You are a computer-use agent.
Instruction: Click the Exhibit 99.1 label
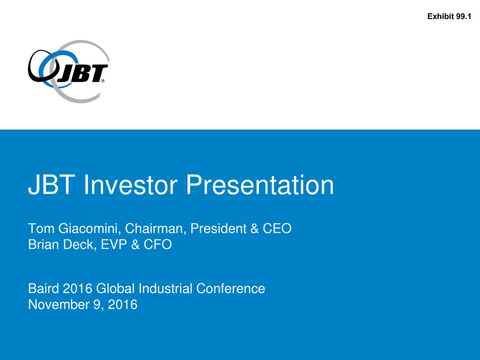tap(449, 16)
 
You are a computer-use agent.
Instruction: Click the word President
tap(218, 228)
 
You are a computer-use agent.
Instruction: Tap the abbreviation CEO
tap(277, 228)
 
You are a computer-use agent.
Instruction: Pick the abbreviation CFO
tap(158, 244)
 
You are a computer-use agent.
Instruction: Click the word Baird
tap(43, 289)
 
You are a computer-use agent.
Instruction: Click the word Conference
tap(230, 289)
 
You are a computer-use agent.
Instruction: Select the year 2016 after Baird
tap(78, 289)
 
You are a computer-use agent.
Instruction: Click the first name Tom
tap(41, 228)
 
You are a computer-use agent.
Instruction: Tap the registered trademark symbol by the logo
tap(103, 81)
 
